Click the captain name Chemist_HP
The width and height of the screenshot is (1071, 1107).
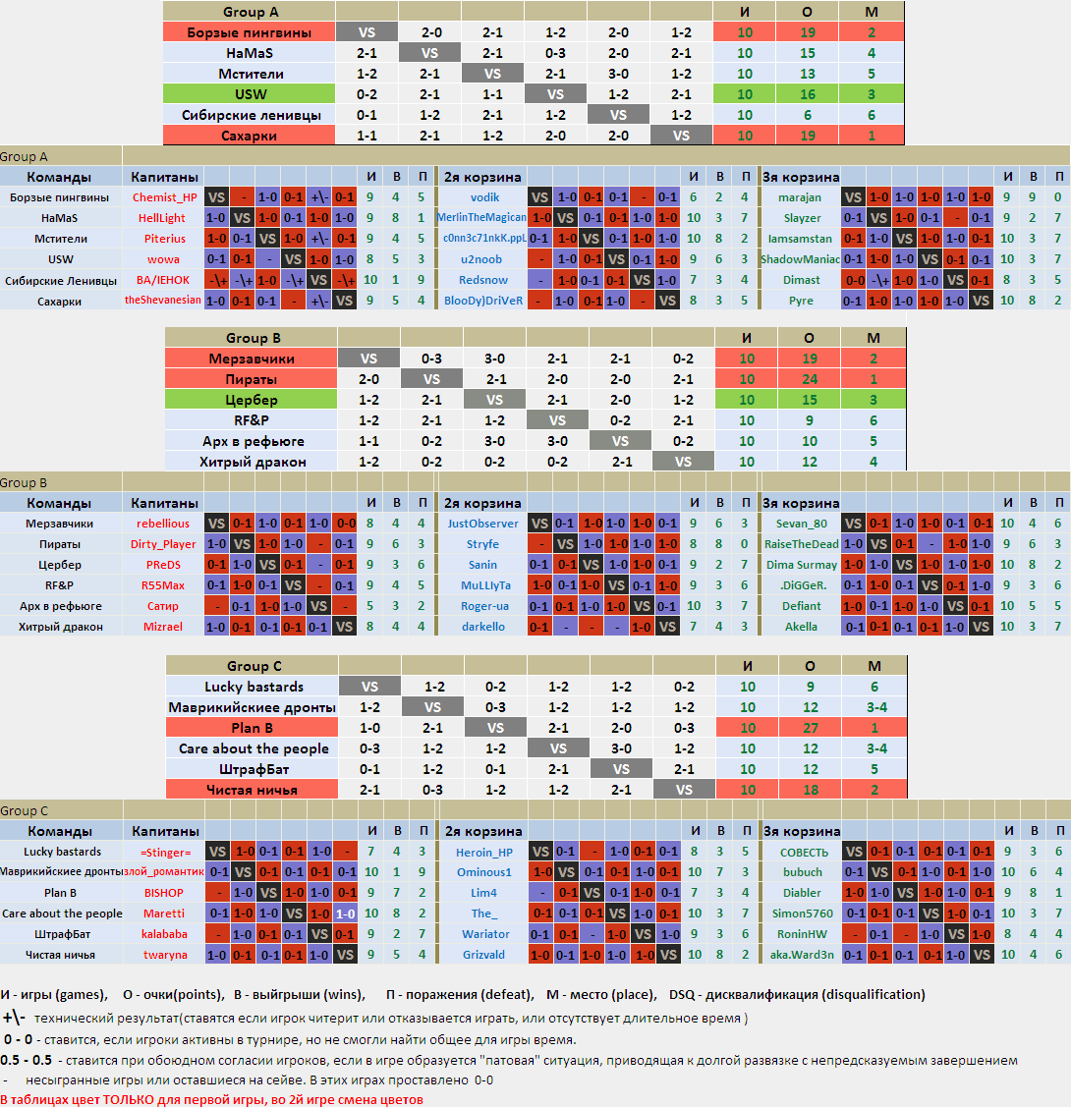tap(164, 197)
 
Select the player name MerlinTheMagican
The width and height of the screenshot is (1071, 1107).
tap(481, 217)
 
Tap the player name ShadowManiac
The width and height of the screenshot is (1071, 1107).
tap(800, 259)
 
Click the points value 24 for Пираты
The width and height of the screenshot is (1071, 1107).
tap(809, 379)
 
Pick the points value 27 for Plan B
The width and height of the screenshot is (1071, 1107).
tap(810, 728)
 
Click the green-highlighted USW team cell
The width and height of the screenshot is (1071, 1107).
tap(250, 94)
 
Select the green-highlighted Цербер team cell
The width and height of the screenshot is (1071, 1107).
tap(251, 400)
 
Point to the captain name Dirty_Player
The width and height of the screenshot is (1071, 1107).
tap(163, 544)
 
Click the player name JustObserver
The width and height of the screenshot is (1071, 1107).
tap(482, 524)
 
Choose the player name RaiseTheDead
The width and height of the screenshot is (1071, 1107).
tap(802, 544)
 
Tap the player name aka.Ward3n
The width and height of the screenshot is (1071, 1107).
tap(802, 955)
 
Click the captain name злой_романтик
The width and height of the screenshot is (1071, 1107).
tap(164, 872)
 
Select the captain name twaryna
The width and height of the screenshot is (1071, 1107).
tap(165, 955)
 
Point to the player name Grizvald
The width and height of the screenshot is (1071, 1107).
tap(483, 955)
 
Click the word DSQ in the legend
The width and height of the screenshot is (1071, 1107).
tap(682, 995)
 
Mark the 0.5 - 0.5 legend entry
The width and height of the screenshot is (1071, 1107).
tap(27, 1061)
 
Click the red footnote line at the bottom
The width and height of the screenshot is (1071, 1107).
tap(212, 1100)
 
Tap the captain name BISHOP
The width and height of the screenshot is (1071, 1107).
tap(164, 893)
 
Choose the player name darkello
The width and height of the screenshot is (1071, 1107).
tap(483, 627)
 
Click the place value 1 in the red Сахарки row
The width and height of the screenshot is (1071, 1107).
tap(872, 136)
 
